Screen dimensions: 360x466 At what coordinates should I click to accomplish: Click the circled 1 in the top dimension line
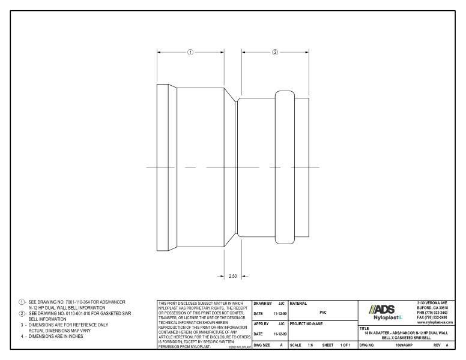pos(190,52)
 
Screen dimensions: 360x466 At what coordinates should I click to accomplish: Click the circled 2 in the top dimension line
pos(275,52)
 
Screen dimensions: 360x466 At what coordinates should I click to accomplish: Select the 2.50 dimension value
pos(234,277)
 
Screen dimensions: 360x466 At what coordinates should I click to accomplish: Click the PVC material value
pos(323,312)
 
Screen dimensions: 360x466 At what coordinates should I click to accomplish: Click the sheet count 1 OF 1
pos(345,346)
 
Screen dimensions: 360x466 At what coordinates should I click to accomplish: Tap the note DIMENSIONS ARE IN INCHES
pos(59,337)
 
